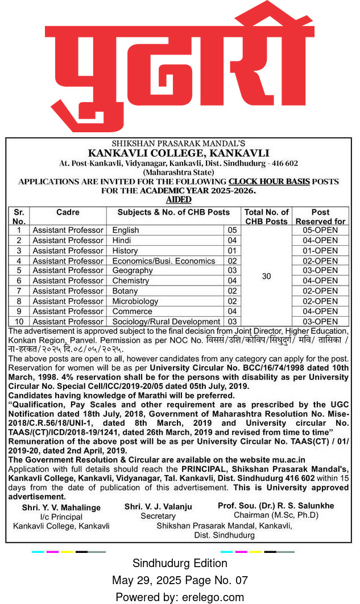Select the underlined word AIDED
tap(179, 200)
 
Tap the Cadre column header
tap(68, 212)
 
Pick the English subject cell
tap(126, 230)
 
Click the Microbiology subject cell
tap(135, 301)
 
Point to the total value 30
tap(267, 276)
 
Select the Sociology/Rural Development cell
tap(165, 321)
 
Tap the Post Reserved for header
tap(320, 216)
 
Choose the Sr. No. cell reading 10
tap(19, 321)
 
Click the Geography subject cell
tap(133, 271)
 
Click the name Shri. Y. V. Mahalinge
tap(61, 507)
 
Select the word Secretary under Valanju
tap(158, 516)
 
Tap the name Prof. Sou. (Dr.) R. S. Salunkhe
tap(276, 505)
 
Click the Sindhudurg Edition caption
tap(180, 563)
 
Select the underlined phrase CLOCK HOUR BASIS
tap(269, 182)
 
